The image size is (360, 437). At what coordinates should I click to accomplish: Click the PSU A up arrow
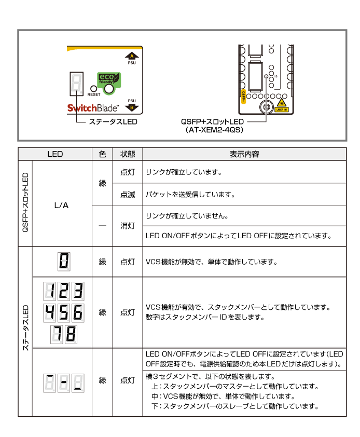(132, 56)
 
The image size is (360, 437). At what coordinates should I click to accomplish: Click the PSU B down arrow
(132, 107)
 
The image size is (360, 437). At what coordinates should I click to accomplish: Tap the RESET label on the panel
(94, 95)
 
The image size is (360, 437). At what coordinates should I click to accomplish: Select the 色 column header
(102, 154)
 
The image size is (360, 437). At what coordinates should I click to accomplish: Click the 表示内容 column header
(244, 154)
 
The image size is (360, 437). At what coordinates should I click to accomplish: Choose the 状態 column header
(128, 154)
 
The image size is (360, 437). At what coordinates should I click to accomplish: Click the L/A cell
(61, 205)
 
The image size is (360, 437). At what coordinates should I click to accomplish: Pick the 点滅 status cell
(128, 195)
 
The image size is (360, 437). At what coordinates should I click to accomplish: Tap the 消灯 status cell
(128, 226)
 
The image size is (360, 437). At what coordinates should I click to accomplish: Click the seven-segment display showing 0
(64, 261)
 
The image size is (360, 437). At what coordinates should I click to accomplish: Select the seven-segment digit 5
(64, 312)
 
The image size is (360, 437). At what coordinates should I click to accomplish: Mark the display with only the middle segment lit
(64, 383)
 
